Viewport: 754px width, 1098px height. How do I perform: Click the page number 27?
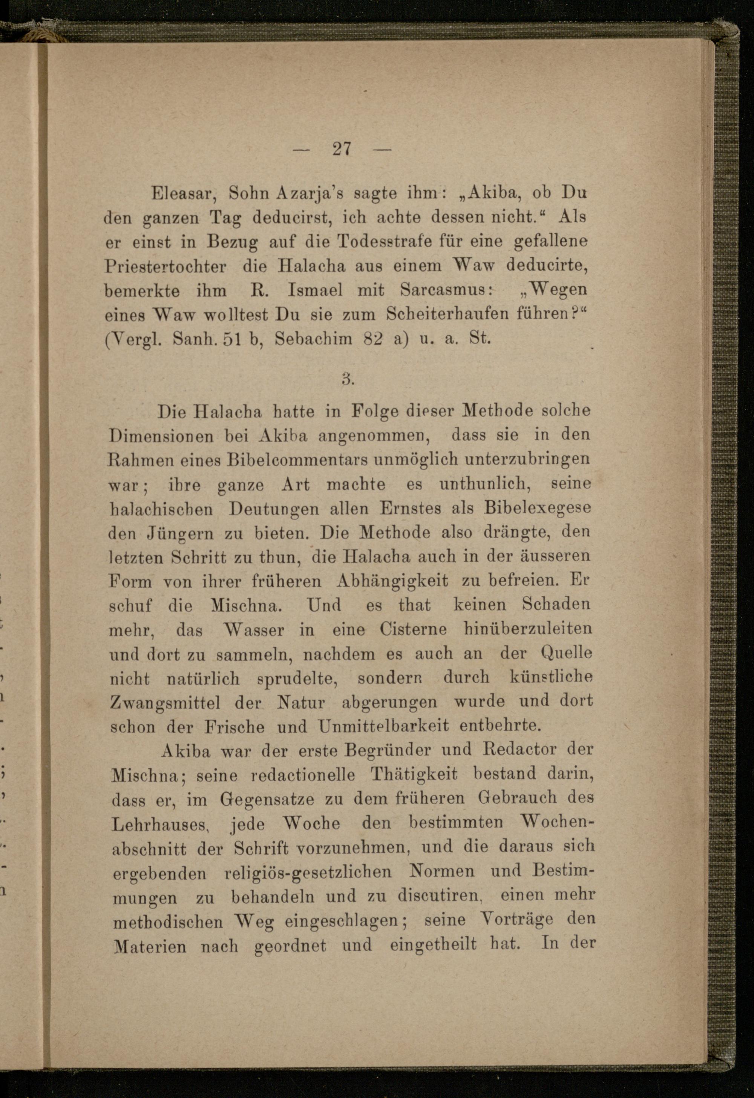tap(342, 149)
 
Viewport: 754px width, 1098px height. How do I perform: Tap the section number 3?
tap(348, 379)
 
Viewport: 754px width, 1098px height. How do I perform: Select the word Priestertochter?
tap(165, 266)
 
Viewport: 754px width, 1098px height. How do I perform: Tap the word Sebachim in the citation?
tap(313, 339)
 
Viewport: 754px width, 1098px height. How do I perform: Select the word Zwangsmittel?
tap(165, 702)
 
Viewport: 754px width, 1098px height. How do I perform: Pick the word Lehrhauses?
tap(161, 825)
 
